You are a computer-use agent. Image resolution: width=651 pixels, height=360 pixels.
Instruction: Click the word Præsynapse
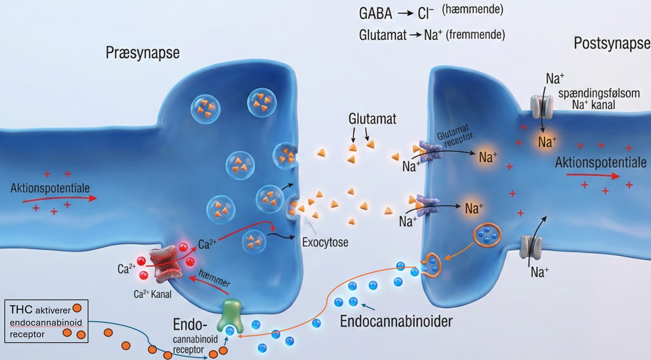(x=142, y=53)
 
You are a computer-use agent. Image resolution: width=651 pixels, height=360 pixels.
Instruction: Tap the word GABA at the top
(x=375, y=14)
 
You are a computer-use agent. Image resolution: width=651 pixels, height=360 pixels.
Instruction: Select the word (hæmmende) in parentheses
(x=472, y=10)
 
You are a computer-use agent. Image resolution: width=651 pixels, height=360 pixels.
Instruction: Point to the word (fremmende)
(x=475, y=35)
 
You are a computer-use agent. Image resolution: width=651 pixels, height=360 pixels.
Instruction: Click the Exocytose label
(x=325, y=242)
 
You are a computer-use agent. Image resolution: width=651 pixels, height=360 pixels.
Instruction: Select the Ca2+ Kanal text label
(x=152, y=294)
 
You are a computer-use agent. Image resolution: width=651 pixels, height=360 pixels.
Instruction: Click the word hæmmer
(x=214, y=278)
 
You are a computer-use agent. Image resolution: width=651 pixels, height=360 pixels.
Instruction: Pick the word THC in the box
(x=21, y=309)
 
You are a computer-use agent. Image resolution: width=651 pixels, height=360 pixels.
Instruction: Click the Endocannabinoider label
(x=396, y=322)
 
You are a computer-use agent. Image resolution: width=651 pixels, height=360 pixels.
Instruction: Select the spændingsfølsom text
(x=599, y=93)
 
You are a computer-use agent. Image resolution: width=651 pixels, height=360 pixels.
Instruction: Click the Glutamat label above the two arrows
(x=372, y=119)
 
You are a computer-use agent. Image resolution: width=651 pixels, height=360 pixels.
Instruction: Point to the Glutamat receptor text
(x=455, y=135)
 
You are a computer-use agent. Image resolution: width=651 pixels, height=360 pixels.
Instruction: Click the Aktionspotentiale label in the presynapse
(x=50, y=188)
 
